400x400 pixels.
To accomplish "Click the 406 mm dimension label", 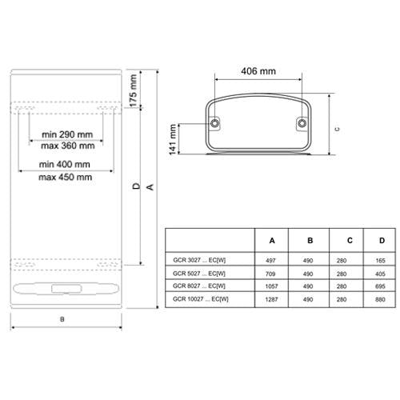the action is click(258, 71).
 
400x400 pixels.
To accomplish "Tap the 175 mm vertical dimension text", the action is click(133, 90).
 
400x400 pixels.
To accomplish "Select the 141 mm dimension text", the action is click(173, 139).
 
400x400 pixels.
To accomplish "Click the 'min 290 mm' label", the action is click(67, 134).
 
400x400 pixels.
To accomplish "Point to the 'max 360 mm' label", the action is click(68, 146).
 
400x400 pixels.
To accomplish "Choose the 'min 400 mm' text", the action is click(65, 164).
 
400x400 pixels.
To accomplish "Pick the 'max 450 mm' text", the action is click(66, 177).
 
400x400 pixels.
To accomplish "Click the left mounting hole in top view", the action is click(214, 123).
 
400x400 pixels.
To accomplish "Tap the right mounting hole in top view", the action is click(302, 123).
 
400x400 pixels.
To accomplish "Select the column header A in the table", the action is click(272, 241).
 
